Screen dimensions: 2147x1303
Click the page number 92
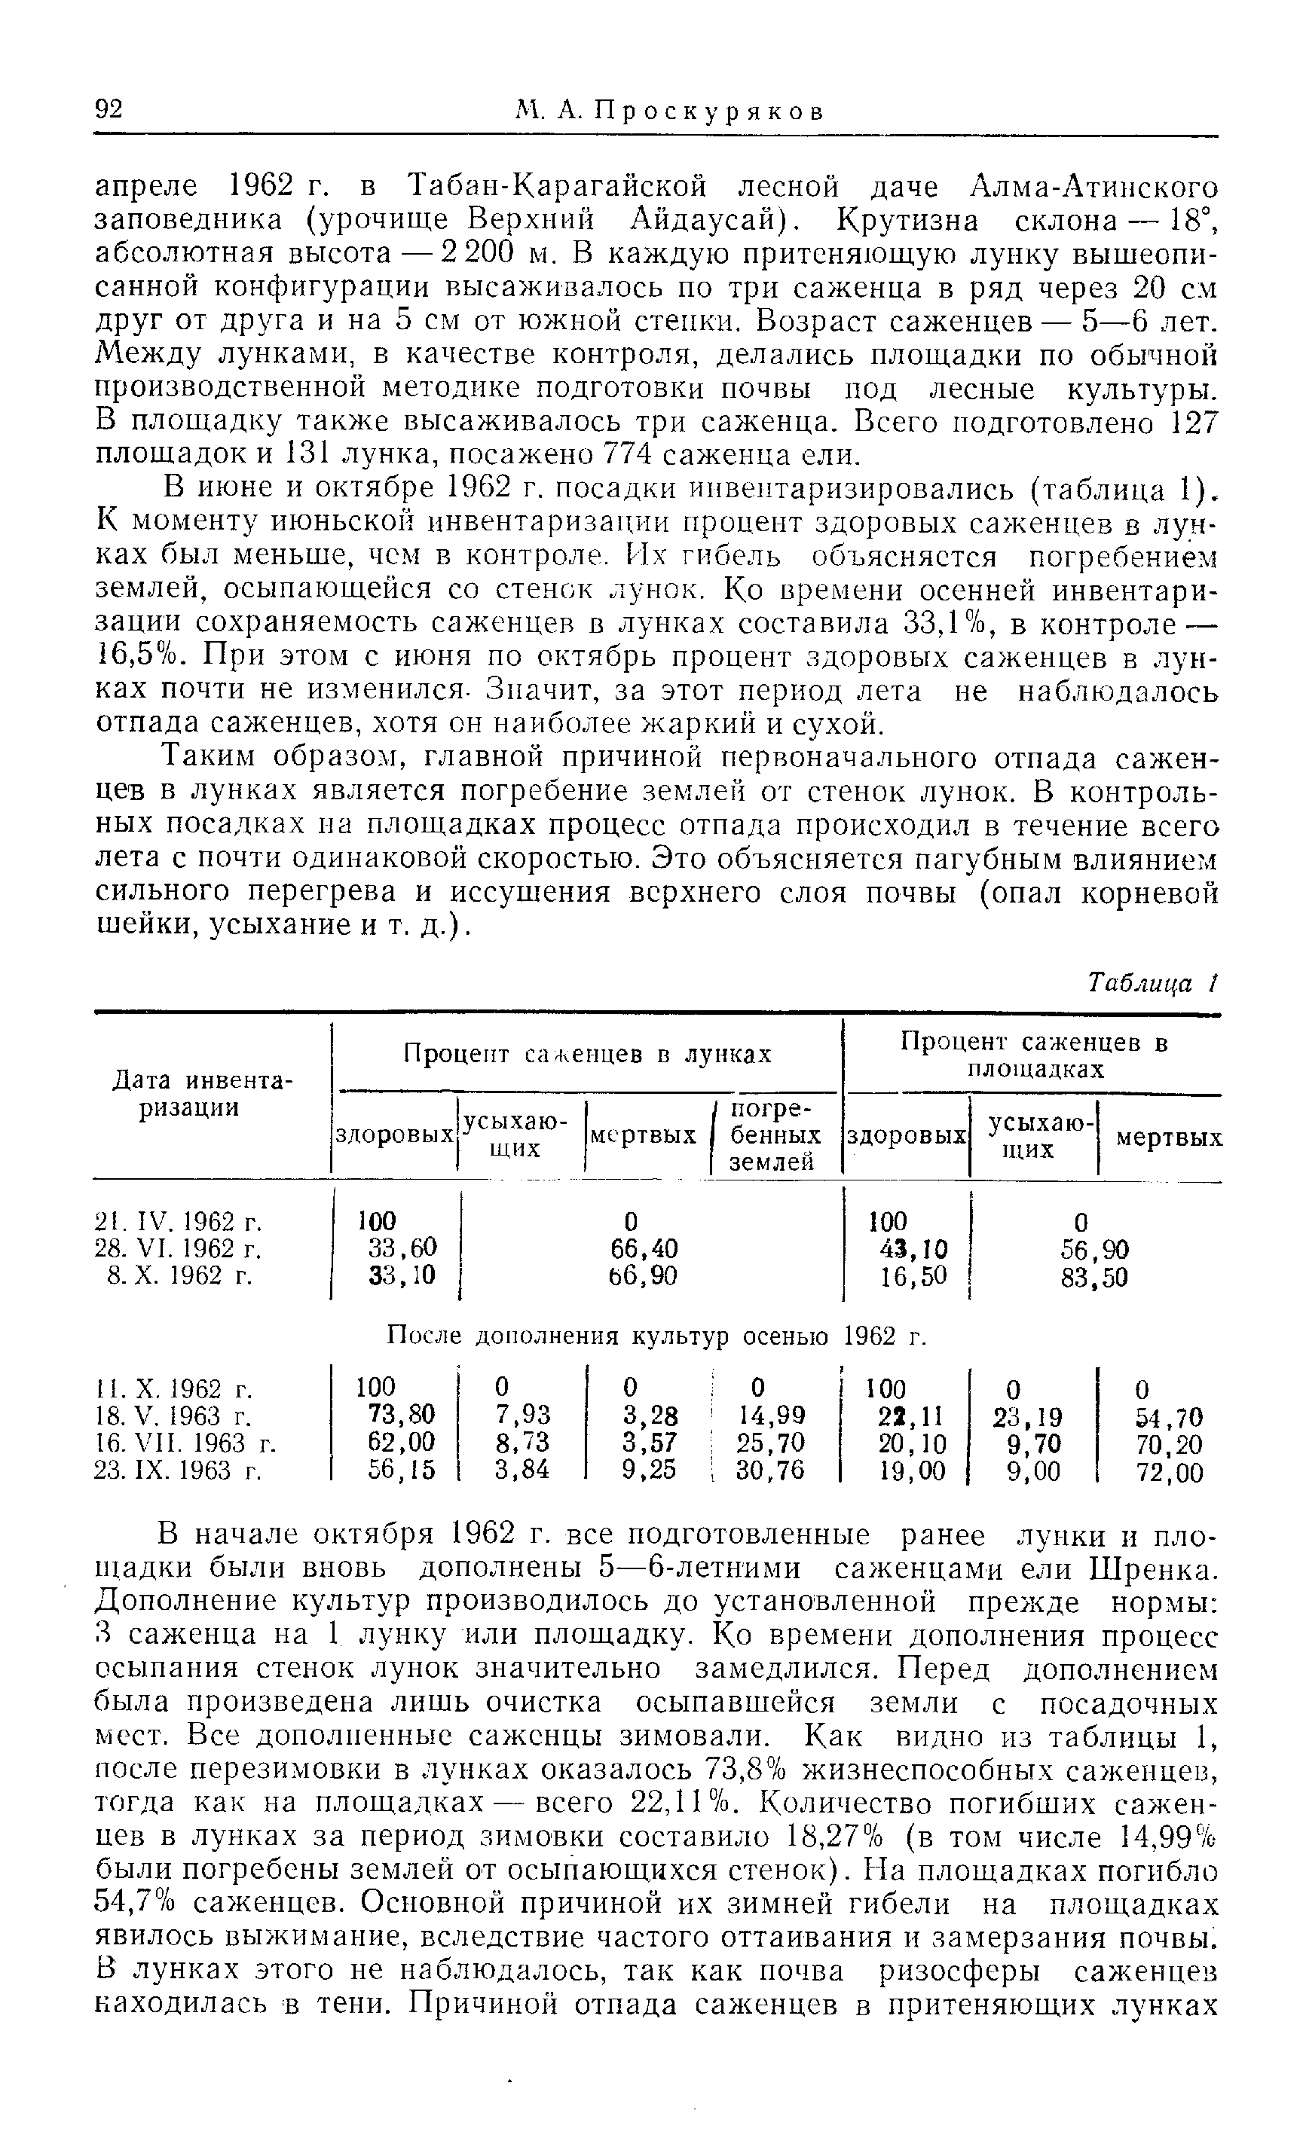pyautogui.click(x=109, y=111)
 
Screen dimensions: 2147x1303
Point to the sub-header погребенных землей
pyautogui.click(x=774, y=1135)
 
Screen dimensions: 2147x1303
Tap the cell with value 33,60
pyautogui.click(x=401, y=1248)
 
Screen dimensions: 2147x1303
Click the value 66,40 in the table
pyautogui.click(x=644, y=1248)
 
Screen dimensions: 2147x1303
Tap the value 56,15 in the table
pyautogui.click(x=401, y=1471)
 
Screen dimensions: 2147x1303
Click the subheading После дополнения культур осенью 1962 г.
pyautogui.click(x=653, y=1336)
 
